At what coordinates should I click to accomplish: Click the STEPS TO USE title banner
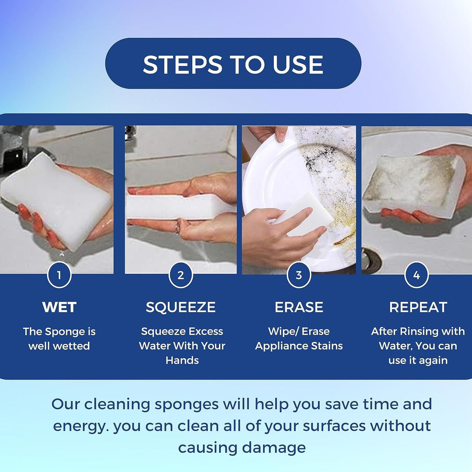point(233,64)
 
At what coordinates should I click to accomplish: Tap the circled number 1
point(59,275)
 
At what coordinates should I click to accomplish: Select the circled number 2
point(181,275)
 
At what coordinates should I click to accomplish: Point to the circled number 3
point(299,275)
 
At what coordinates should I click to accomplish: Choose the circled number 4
point(417,275)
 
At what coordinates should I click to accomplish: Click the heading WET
point(59,307)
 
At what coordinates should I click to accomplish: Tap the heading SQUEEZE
point(181,307)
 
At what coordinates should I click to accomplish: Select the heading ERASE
point(299,307)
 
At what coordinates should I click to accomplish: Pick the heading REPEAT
point(418,307)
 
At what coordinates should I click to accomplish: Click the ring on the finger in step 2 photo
point(178,227)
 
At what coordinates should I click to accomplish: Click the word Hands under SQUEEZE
point(182,360)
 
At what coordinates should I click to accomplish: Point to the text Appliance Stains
point(299,346)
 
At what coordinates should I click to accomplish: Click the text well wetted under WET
point(59,346)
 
